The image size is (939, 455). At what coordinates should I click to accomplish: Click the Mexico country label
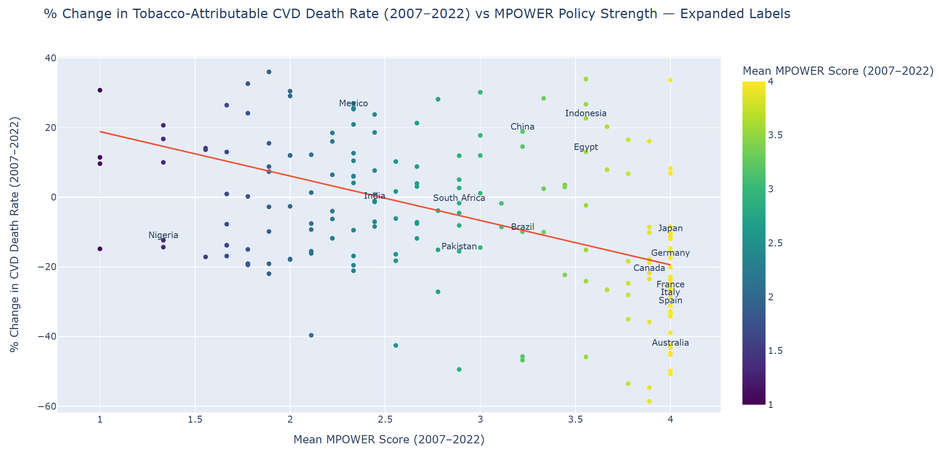[x=353, y=103]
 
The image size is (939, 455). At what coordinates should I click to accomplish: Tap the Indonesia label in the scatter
[x=585, y=113]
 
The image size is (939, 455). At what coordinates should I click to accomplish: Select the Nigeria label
[x=163, y=235]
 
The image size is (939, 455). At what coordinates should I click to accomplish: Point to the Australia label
[x=670, y=343]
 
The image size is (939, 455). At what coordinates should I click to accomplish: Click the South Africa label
[x=459, y=198]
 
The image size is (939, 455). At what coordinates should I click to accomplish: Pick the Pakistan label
[x=459, y=246]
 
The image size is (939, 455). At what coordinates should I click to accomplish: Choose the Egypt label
[x=585, y=147]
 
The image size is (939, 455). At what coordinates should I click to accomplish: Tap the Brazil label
[x=522, y=227]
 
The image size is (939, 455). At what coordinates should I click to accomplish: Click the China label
[x=522, y=127]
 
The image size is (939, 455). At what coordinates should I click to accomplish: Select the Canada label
[x=649, y=268]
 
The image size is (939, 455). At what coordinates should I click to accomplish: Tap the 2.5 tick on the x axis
[x=385, y=419]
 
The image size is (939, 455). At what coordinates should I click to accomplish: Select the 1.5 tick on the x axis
[x=195, y=419]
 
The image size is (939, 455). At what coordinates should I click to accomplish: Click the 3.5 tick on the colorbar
[x=775, y=135]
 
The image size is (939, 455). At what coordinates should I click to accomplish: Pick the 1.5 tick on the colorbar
[x=775, y=351]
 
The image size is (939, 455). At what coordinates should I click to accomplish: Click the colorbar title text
[x=838, y=71]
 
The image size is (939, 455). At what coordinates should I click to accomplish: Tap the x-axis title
[x=389, y=439]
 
